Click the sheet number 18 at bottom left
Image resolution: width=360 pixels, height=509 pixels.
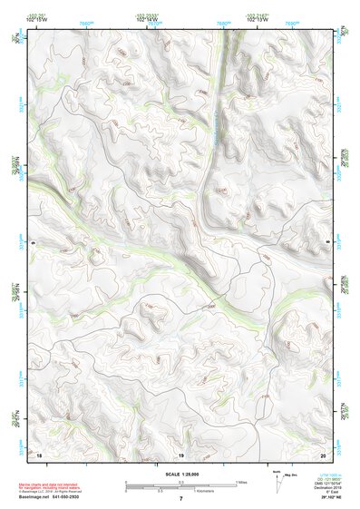coord(40,454)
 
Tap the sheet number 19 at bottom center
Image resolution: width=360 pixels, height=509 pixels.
coord(180,454)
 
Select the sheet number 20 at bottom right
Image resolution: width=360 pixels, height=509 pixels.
coord(322,454)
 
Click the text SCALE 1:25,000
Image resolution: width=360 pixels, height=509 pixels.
coord(180,474)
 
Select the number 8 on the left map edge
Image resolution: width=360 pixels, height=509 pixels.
coord(34,242)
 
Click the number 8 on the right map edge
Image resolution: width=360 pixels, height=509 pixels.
coord(327,242)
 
